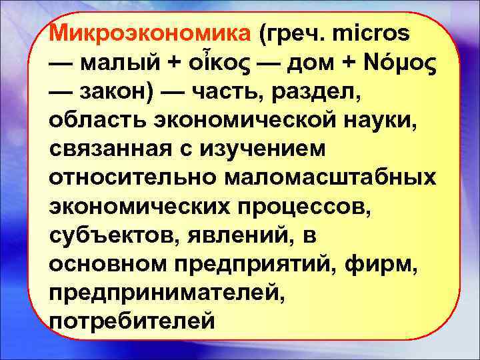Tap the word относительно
point(129,178)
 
